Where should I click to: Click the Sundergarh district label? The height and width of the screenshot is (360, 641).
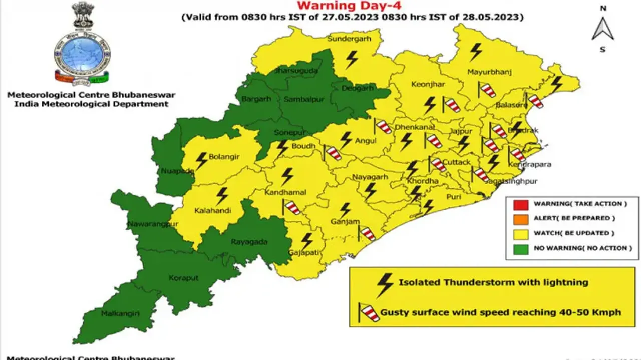347,39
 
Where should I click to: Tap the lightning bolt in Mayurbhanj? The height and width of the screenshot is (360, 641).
475,52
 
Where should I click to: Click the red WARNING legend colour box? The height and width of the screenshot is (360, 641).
521,204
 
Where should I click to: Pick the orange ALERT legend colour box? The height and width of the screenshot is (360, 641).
521,218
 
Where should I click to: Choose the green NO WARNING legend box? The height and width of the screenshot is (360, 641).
521,248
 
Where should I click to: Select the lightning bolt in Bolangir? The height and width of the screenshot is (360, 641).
201,161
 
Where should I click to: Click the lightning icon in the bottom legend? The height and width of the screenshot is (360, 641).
385,284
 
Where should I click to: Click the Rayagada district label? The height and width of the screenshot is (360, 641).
249,242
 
